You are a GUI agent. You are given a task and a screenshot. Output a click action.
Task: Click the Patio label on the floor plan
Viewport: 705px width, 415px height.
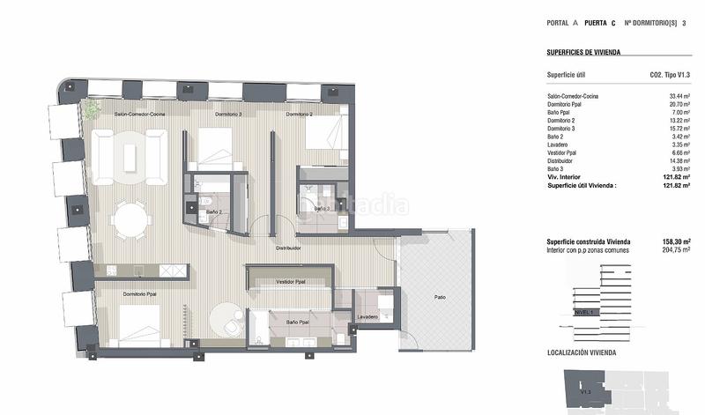coord(439,298)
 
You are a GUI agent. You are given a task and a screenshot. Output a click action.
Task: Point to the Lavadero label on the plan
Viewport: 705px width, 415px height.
coord(367,316)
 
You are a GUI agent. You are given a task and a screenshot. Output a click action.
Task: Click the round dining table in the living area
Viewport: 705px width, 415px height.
coord(131,219)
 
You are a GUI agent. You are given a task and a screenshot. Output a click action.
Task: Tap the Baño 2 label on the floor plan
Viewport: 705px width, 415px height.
coord(212,212)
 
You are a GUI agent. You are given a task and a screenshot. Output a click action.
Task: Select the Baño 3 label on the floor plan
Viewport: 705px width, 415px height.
coord(320,209)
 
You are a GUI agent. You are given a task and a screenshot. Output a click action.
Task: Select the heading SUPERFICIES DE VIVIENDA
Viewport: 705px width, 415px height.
coord(583,53)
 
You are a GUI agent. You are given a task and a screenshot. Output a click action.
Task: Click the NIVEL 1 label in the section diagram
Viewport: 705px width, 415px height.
coord(583,311)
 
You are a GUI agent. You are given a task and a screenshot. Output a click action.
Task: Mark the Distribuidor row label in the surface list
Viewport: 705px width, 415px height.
coord(564,160)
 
